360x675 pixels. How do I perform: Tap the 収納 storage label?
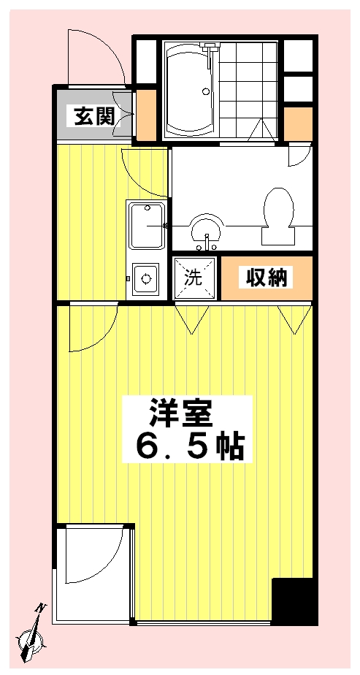click(x=267, y=278)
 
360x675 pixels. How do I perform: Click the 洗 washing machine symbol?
click(x=194, y=278)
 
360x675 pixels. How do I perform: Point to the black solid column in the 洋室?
click(x=294, y=601)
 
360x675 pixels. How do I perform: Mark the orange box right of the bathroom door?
click(x=297, y=124)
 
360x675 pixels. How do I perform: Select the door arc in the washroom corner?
click(x=299, y=155)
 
